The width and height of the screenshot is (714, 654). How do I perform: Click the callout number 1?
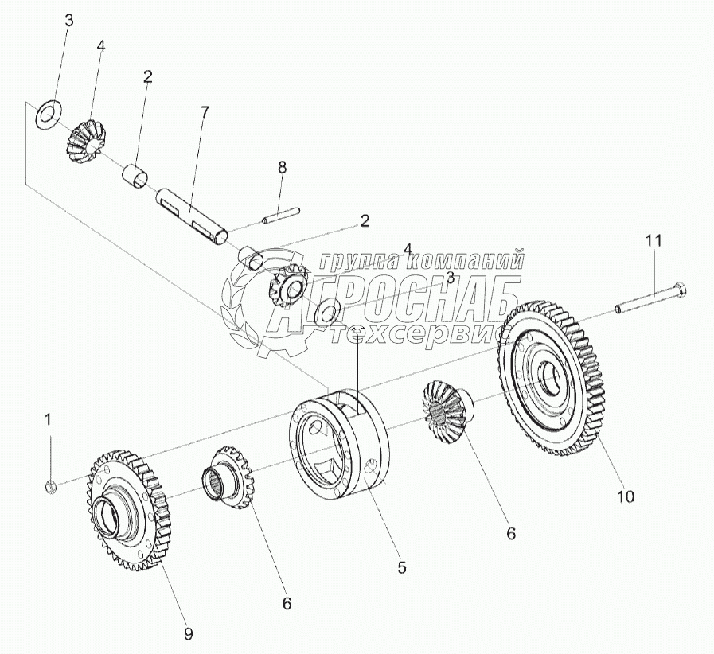[x=48, y=418]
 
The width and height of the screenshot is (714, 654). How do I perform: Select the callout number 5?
[x=402, y=567]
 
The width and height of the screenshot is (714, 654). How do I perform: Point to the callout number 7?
[x=205, y=112]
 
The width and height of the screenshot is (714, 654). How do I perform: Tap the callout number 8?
[x=282, y=167]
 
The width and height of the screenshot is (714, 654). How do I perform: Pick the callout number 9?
[x=189, y=634]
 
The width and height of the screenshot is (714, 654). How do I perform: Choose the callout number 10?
[x=625, y=497]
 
